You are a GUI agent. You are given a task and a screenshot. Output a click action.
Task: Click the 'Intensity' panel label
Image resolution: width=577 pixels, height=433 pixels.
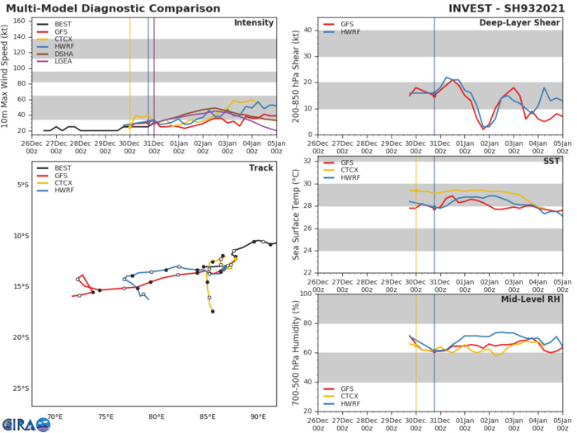tap(255, 22)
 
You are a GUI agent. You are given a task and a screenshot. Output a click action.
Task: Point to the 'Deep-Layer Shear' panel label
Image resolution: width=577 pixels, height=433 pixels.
tap(519, 22)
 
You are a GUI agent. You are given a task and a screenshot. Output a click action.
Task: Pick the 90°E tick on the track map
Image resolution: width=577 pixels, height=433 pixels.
tap(258, 417)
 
